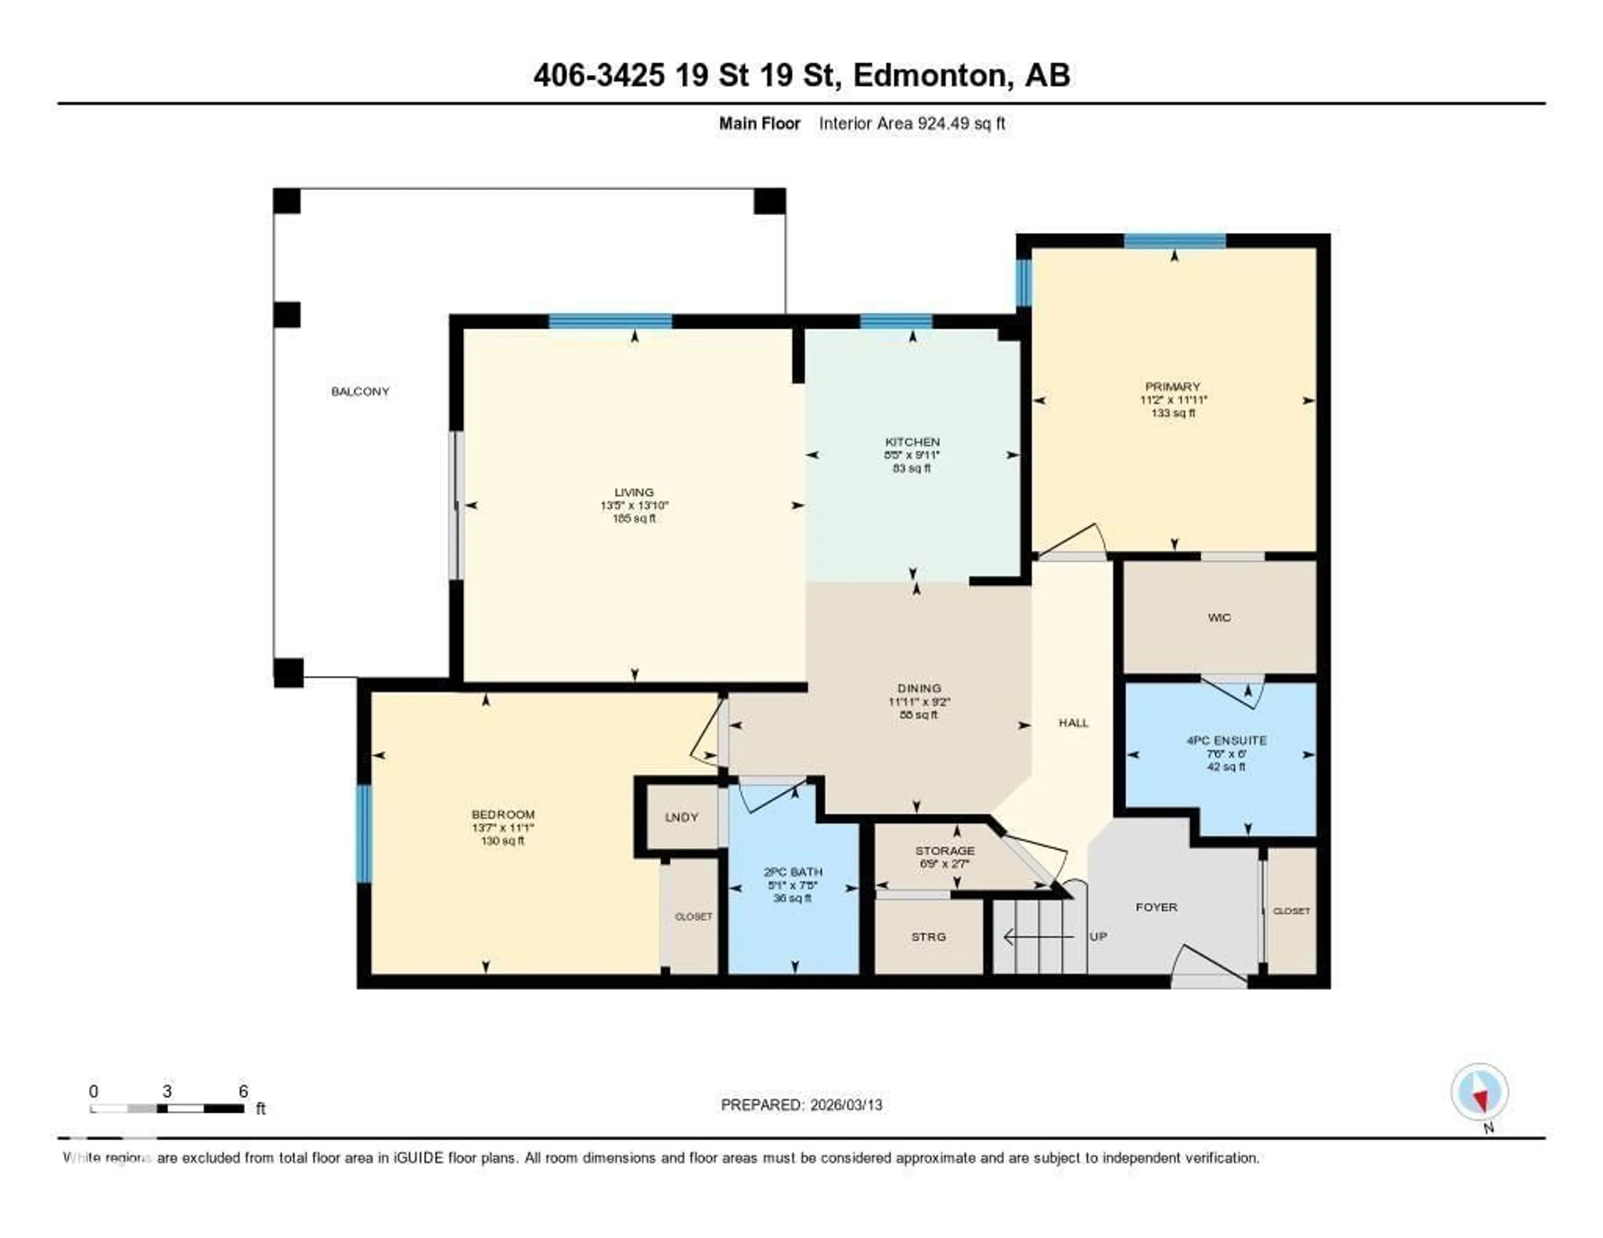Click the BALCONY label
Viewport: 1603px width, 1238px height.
[x=360, y=392]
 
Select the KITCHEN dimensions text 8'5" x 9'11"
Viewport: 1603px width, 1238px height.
[x=912, y=455]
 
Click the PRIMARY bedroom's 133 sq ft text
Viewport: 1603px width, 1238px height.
[x=1173, y=413]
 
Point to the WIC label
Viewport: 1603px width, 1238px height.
[x=1219, y=618]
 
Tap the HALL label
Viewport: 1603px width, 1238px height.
[x=1073, y=723]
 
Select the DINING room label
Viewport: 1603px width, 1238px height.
[x=919, y=688]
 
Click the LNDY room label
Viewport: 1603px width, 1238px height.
[x=681, y=818]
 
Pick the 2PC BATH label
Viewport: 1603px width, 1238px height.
[x=793, y=872]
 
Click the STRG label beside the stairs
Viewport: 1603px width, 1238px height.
[x=928, y=937]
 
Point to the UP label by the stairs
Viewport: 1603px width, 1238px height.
[x=1098, y=937]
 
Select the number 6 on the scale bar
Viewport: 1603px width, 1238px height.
[x=243, y=1091]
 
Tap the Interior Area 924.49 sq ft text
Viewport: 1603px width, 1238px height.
[x=912, y=123]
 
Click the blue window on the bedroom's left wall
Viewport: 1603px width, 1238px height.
[x=363, y=834]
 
